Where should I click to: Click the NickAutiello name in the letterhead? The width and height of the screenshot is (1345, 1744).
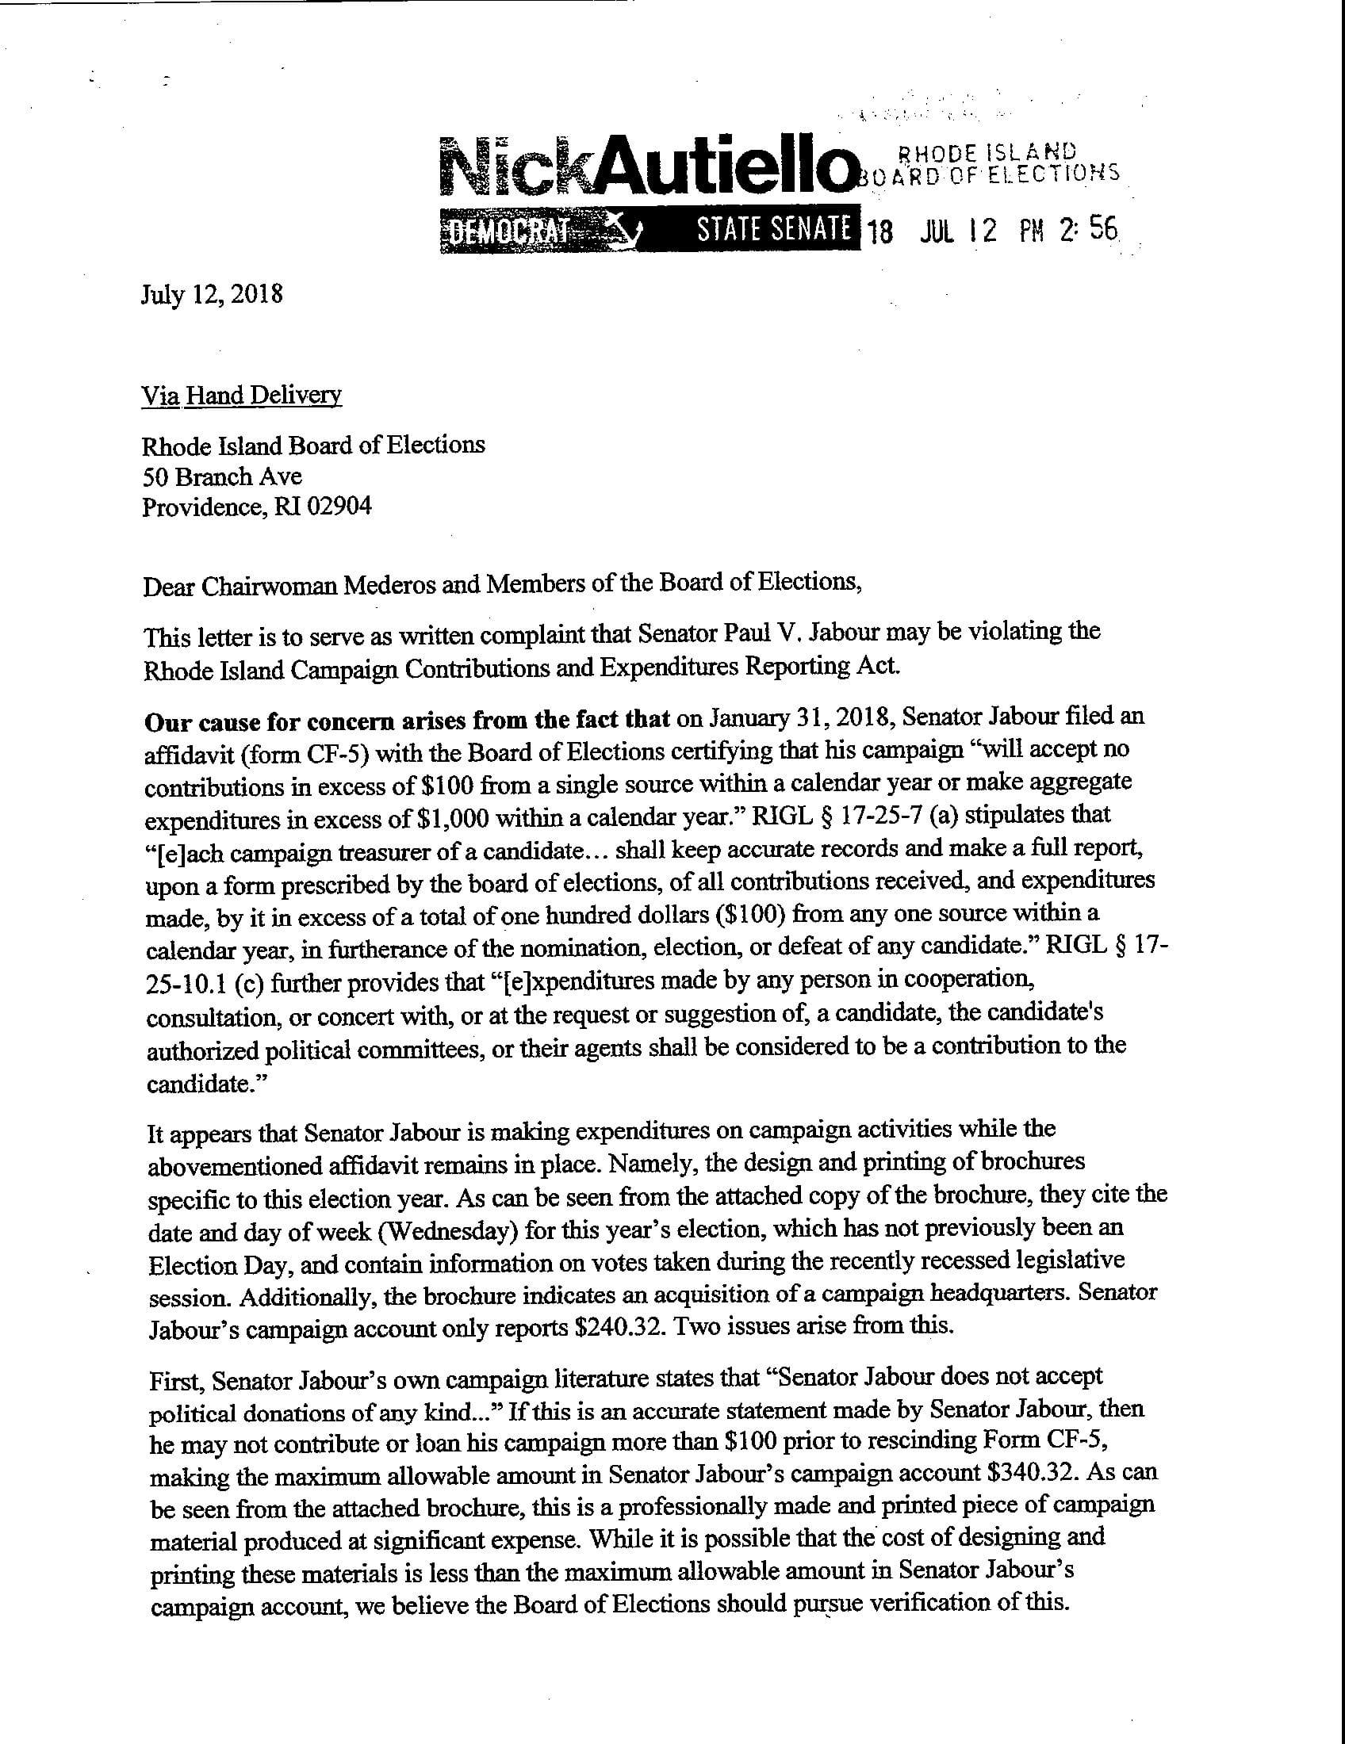(x=646, y=166)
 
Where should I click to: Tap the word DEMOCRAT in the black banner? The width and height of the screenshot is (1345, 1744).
(x=505, y=231)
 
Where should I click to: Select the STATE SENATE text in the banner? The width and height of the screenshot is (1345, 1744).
(x=773, y=229)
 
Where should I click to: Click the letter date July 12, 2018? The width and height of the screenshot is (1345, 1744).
(x=212, y=295)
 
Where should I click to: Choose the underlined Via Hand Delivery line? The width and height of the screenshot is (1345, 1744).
(x=241, y=396)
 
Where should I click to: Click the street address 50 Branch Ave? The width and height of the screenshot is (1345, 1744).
(x=222, y=476)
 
